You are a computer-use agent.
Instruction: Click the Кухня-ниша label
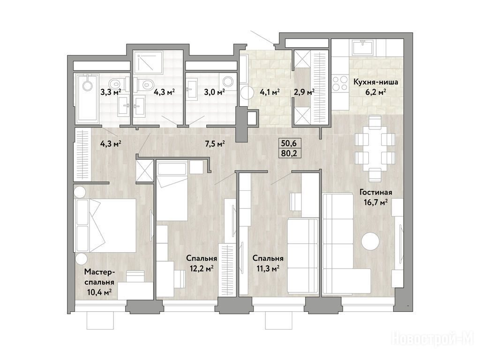[x=375, y=82]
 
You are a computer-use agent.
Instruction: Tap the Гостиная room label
[x=376, y=192]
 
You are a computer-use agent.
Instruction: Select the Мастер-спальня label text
[x=99, y=277]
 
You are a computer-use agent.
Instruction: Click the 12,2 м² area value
[x=202, y=269]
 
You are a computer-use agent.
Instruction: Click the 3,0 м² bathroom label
[x=215, y=92]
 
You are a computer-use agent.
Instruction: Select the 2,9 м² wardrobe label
[x=304, y=92]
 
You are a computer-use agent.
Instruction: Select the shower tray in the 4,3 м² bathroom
[x=149, y=62]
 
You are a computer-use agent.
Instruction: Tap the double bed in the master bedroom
[x=106, y=225]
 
